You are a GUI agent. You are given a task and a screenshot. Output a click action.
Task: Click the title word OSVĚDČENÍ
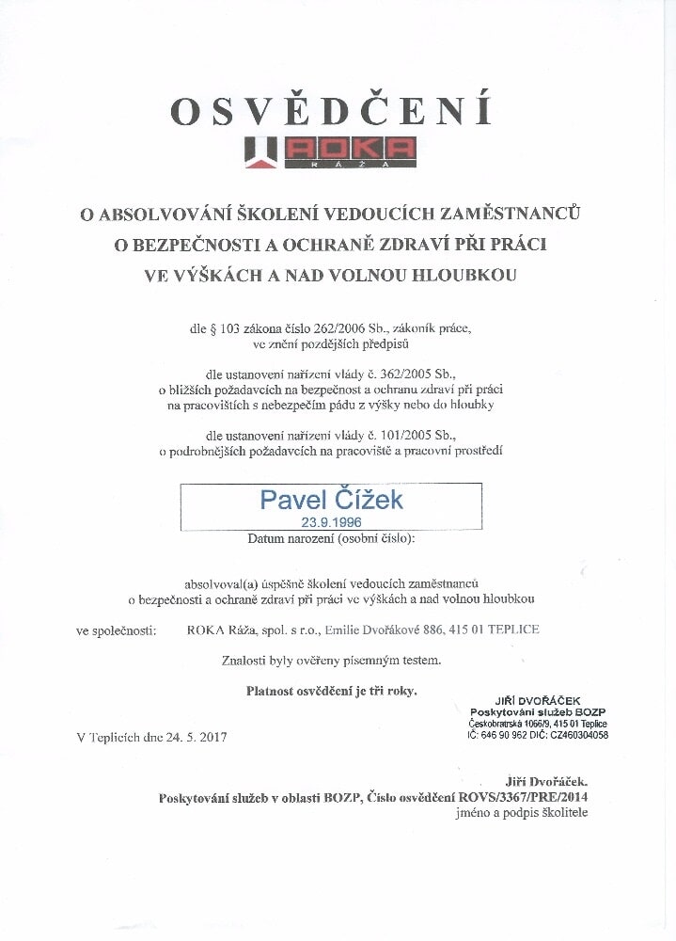pos(331,111)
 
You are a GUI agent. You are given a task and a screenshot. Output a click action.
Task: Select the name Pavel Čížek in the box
pos(331,499)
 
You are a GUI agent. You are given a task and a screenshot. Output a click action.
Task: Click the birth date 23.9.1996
pos(331,521)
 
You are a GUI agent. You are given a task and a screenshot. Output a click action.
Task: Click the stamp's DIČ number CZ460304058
pos(574,734)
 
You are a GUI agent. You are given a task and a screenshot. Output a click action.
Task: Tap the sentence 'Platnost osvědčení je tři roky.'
pos(332,691)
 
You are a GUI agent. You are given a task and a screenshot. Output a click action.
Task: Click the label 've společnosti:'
pos(116,630)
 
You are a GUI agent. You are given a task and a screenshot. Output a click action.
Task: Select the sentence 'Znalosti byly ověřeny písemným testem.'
pos(331,661)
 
